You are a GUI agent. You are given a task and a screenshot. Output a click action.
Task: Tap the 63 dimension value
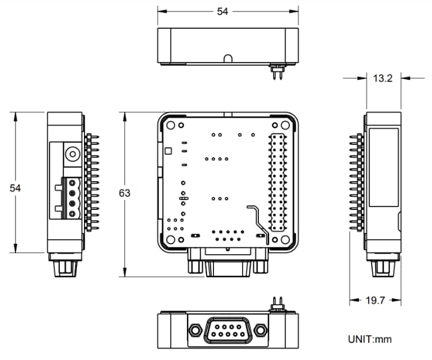pyautogui.click(x=124, y=193)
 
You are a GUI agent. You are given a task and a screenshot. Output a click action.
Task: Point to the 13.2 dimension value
pyautogui.click(x=383, y=78)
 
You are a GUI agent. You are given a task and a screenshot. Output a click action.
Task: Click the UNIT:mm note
pyautogui.click(x=369, y=339)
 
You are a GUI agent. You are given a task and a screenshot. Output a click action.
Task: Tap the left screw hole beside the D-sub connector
pyautogui.click(x=194, y=330)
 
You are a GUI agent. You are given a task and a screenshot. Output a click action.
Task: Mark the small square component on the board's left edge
pyautogui.click(x=167, y=151)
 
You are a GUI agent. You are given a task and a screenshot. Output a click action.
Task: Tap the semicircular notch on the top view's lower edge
pyautogui.click(x=228, y=59)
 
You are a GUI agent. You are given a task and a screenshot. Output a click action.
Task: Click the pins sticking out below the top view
pyautogui.click(x=278, y=74)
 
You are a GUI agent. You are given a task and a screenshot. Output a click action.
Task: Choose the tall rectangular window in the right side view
pyautogui.click(x=384, y=167)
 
